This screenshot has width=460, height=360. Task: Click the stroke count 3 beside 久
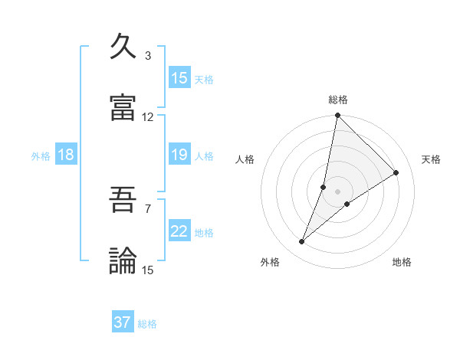coord(148,55)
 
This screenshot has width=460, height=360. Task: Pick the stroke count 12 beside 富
coord(148,117)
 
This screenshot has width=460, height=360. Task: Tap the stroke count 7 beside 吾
coord(148,208)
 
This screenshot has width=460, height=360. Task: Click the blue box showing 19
coord(179,155)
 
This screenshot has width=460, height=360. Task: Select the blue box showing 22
coord(179,232)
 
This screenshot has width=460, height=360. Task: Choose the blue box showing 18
coord(66,155)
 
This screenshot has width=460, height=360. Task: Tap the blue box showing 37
coord(123,322)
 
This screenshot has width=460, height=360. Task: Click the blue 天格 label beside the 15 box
coord(204,79)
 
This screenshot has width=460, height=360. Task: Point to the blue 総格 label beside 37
coord(147,324)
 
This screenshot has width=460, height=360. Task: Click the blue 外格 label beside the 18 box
coord(41,156)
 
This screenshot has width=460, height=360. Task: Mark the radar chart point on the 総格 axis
coord(337,116)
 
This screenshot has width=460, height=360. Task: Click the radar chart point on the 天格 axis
coord(396,172)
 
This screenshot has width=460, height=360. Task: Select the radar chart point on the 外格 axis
coord(302,242)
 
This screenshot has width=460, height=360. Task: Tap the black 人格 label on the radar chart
coord(245,159)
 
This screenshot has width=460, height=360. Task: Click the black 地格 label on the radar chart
coord(402,262)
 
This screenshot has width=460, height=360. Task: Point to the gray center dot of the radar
coord(337,191)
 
